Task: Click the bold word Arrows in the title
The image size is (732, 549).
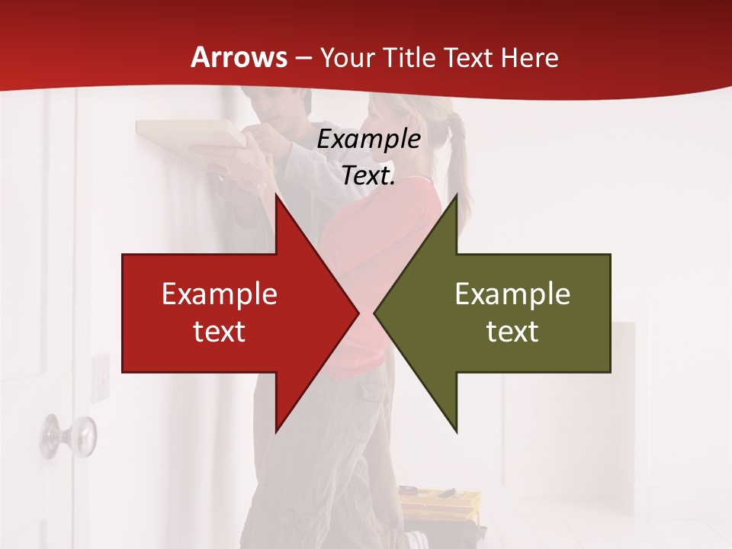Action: [x=239, y=57]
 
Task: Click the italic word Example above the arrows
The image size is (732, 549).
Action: [x=368, y=140]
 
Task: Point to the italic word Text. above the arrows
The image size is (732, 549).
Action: [x=368, y=176]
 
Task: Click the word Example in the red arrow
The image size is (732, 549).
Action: [x=219, y=294]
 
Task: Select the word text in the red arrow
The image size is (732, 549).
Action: [x=219, y=331]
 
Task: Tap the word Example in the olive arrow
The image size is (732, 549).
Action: [x=512, y=294]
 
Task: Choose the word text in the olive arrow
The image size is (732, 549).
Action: [x=512, y=331]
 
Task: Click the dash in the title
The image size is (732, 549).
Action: [x=303, y=58]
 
